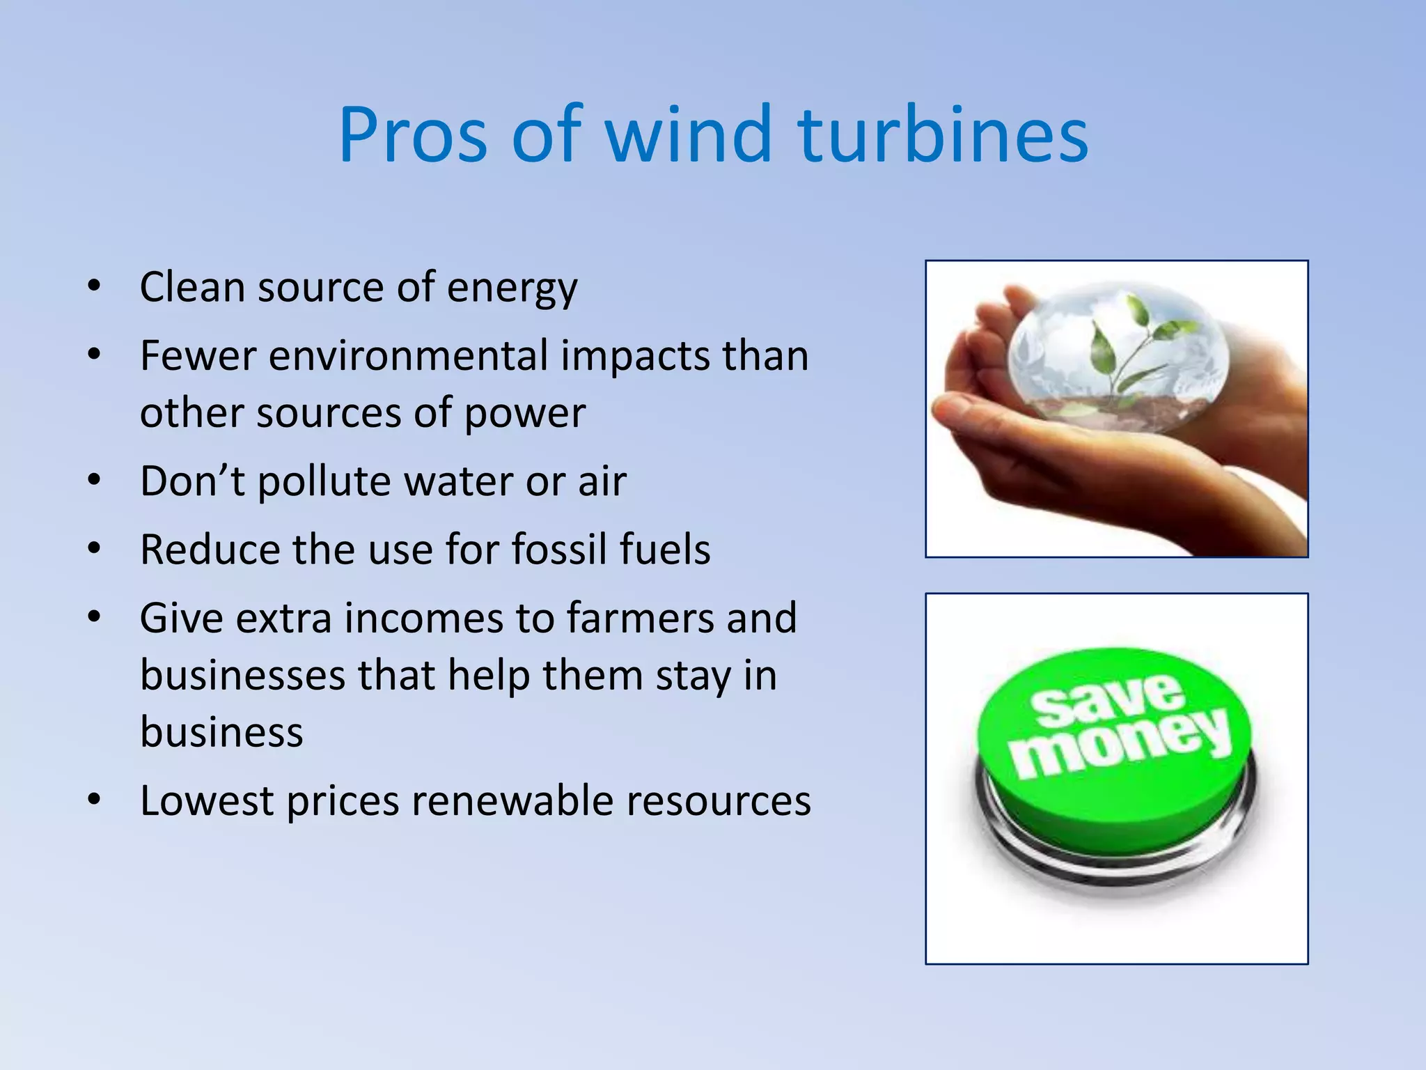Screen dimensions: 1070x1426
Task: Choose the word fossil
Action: [559, 549]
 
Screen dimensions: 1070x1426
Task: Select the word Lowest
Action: [206, 800]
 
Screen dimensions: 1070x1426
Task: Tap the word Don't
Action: [192, 481]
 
